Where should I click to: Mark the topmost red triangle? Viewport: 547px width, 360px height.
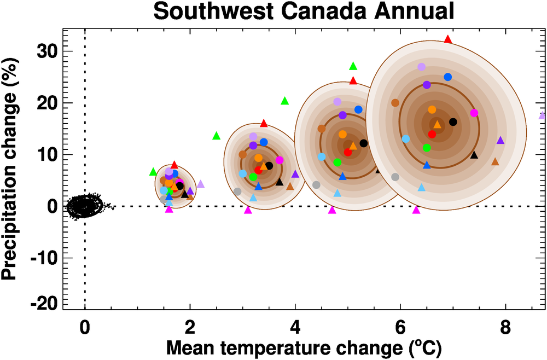click(x=448, y=39)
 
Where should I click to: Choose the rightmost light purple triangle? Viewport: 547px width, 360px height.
click(x=543, y=115)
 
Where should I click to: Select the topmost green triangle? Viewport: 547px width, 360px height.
click(x=353, y=66)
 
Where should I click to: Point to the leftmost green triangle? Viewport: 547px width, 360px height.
click(x=153, y=172)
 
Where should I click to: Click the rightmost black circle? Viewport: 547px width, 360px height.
click(x=453, y=122)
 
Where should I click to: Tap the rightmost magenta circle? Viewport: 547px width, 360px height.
click(x=474, y=113)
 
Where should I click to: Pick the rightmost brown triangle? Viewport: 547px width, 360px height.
click(x=495, y=162)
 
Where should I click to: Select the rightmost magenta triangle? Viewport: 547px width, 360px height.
click(x=416, y=210)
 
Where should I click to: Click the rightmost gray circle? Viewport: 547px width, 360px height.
click(x=395, y=177)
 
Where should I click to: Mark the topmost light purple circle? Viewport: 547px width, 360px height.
click(x=421, y=67)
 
